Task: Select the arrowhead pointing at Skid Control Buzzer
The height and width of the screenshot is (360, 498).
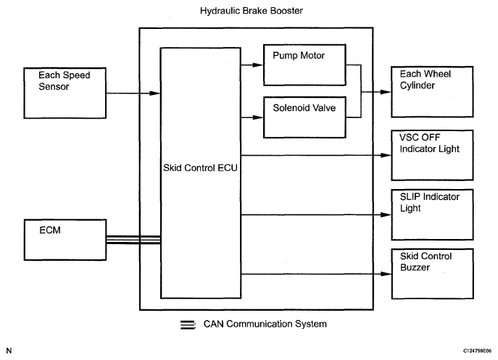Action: [x=386, y=274]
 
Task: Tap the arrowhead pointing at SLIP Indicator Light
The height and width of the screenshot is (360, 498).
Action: [x=386, y=214]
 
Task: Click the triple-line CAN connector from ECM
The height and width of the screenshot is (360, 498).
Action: [x=132, y=240]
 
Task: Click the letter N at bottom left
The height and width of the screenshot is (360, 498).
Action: [x=9, y=351]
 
